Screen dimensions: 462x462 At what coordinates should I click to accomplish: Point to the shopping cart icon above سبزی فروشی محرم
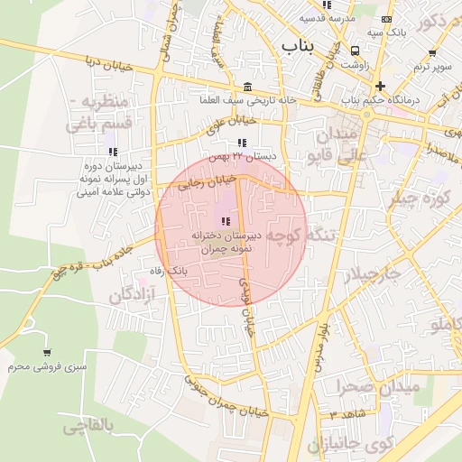46,353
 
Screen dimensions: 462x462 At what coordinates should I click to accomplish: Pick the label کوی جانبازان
352,444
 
